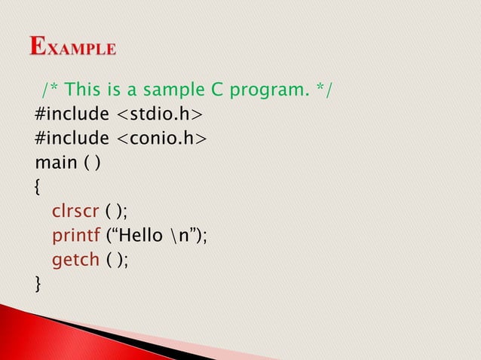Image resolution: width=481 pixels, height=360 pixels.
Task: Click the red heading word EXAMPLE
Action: coord(73,47)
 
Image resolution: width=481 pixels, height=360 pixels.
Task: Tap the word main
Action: coord(54,163)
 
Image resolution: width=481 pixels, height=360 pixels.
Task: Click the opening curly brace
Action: coord(38,187)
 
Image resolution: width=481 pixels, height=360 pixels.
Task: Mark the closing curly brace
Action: coord(38,282)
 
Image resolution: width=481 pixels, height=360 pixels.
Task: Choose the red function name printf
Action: coord(74,235)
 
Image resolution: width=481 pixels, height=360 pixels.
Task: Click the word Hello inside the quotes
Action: coord(139,235)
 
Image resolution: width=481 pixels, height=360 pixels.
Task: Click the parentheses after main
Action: coord(87,163)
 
